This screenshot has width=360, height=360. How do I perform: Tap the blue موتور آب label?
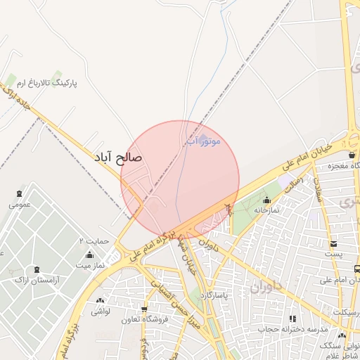tap(203, 141)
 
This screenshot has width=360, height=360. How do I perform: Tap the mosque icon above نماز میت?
tap(89, 254)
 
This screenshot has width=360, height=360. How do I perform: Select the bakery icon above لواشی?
tap(101, 300)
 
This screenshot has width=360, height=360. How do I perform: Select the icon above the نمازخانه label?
tap(266, 199)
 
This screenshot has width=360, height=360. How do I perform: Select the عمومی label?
tap(20, 205)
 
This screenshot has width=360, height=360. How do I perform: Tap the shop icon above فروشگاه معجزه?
tap(351, 155)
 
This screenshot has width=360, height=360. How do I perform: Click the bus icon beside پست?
tap(357, 269)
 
